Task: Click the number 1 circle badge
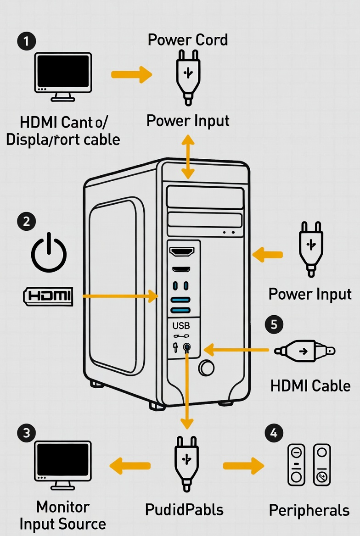click(27, 41)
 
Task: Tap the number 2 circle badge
click(27, 221)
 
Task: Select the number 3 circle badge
click(27, 433)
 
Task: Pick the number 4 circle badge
click(274, 433)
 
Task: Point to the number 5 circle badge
click(274, 324)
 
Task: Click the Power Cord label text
click(188, 40)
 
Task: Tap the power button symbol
click(49, 251)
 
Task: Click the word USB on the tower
click(181, 326)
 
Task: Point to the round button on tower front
click(207, 367)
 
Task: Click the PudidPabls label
click(184, 509)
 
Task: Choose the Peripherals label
click(309, 510)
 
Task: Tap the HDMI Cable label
click(310, 385)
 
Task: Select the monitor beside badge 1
click(63, 76)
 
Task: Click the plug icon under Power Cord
click(188, 76)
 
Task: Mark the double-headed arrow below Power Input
click(187, 156)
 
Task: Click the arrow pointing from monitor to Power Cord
click(132, 74)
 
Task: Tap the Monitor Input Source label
click(63, 515)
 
